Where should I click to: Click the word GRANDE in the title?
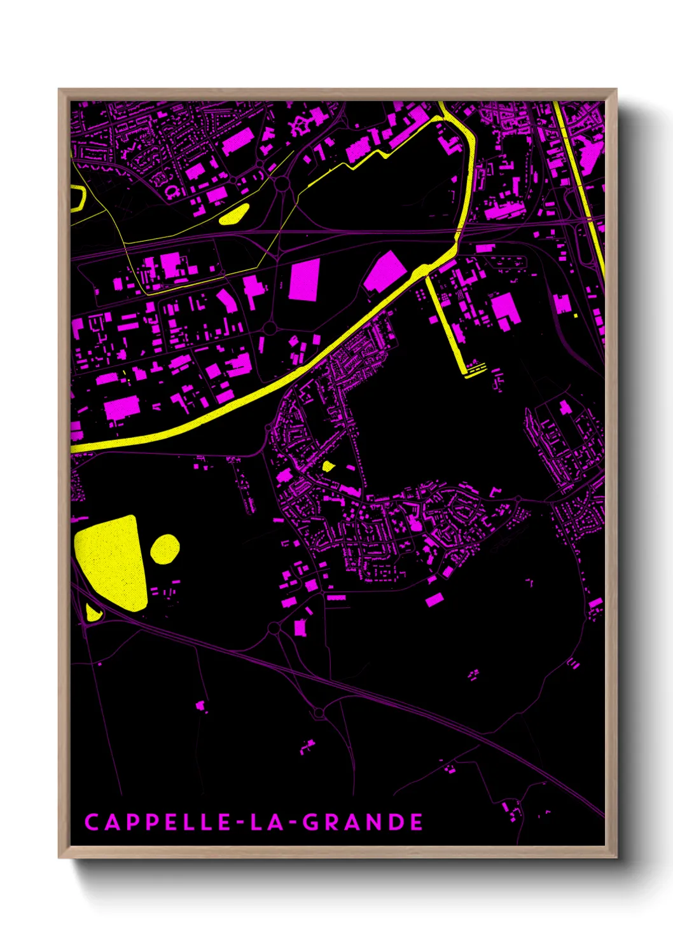pos(363,822)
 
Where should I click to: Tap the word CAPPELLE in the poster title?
pos(158,822)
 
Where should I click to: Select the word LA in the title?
pos(266,822)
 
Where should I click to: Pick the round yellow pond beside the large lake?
pos(165,549)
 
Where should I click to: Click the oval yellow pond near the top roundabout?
pos(233,214)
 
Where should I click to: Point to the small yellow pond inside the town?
pos(328,466)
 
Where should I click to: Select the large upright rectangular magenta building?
pos(303,280)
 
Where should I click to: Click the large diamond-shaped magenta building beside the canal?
pos(385,272)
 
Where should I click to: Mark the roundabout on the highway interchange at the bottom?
pos(319,713)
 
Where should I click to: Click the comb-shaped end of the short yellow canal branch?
pos(475,369)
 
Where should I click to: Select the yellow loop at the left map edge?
pos(78,197)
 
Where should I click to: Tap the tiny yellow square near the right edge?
pos(576,315)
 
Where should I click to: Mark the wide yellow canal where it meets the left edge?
pos(74,448)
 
